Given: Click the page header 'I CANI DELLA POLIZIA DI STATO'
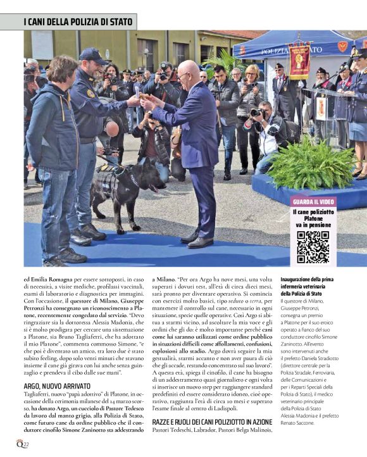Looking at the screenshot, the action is (78, 22).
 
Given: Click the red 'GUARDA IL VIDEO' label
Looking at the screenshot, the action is (313, 201).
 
